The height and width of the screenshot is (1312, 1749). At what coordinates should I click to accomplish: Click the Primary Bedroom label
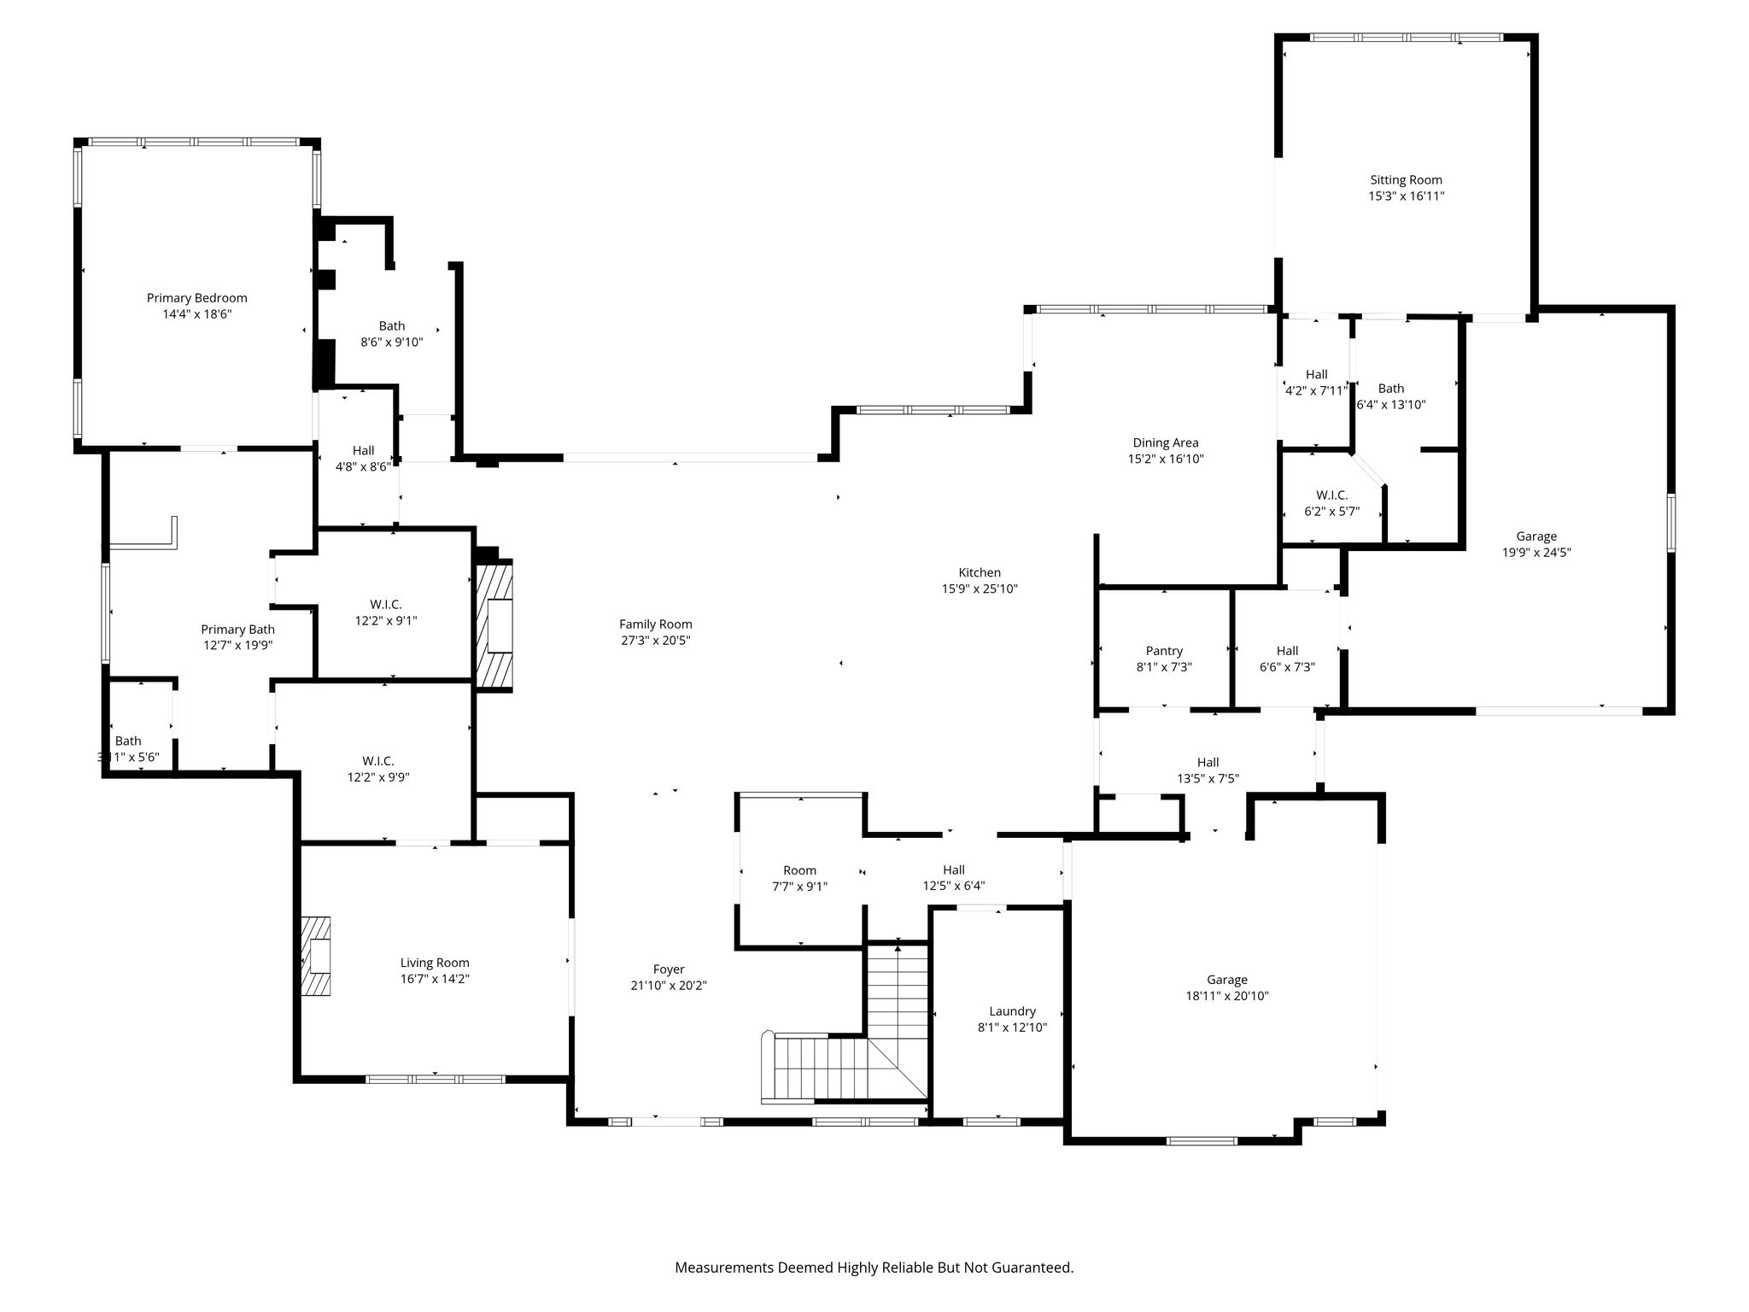tap(196, 298)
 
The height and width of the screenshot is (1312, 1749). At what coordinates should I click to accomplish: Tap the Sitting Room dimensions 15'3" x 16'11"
tap(1406, 196)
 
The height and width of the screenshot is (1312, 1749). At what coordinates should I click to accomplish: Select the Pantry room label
tap(1164, 651)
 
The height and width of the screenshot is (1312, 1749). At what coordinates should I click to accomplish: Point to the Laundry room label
tap(1012, 1011)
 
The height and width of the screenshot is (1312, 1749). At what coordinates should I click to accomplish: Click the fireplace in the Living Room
tap(315, 956)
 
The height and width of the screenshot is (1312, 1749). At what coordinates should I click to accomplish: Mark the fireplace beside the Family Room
tap(494, 624)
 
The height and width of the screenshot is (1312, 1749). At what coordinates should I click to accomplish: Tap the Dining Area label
tap(1166, 442)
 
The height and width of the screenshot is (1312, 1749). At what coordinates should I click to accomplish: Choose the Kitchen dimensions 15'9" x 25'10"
tap(980, 589)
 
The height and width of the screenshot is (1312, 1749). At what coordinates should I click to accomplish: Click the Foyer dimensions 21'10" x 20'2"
tap(669, 986)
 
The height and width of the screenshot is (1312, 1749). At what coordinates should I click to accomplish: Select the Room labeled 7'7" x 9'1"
tap(799, 878)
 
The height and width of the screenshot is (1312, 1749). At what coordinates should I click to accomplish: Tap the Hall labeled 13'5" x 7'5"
tap(1208, 770)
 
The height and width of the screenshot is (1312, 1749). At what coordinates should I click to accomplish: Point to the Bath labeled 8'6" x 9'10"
tap(392, 334)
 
